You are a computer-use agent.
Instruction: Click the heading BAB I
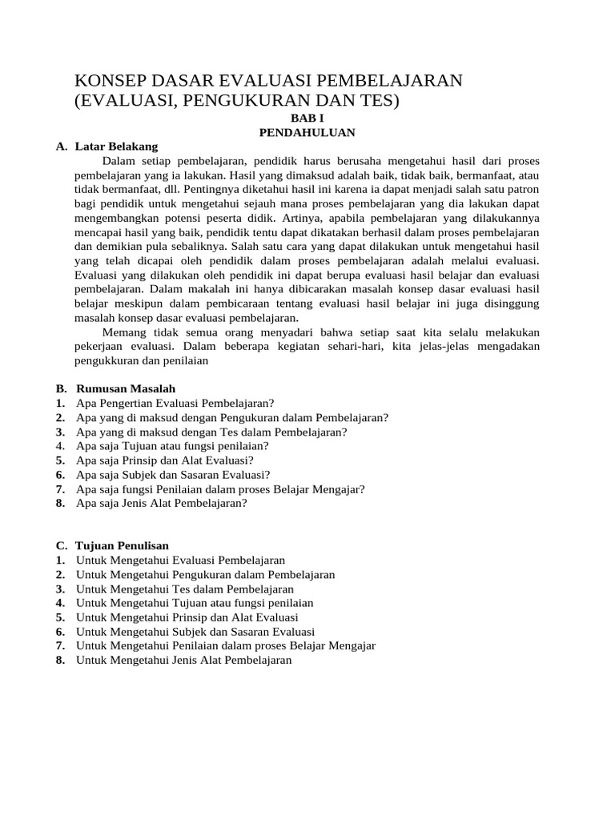click(x=307, y=118)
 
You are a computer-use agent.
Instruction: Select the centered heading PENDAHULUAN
click(x=307, y=132)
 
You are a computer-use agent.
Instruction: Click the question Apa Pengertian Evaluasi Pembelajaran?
click(x=175, y=403)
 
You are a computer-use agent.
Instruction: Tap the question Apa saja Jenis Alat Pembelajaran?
click(x=161, y=504)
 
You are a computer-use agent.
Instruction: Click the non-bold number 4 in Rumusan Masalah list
click(x=61, y=446)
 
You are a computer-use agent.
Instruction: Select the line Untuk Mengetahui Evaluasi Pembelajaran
click(x=180, y=561)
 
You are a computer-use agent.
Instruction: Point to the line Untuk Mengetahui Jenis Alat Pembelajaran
click(x=183, y=661)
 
